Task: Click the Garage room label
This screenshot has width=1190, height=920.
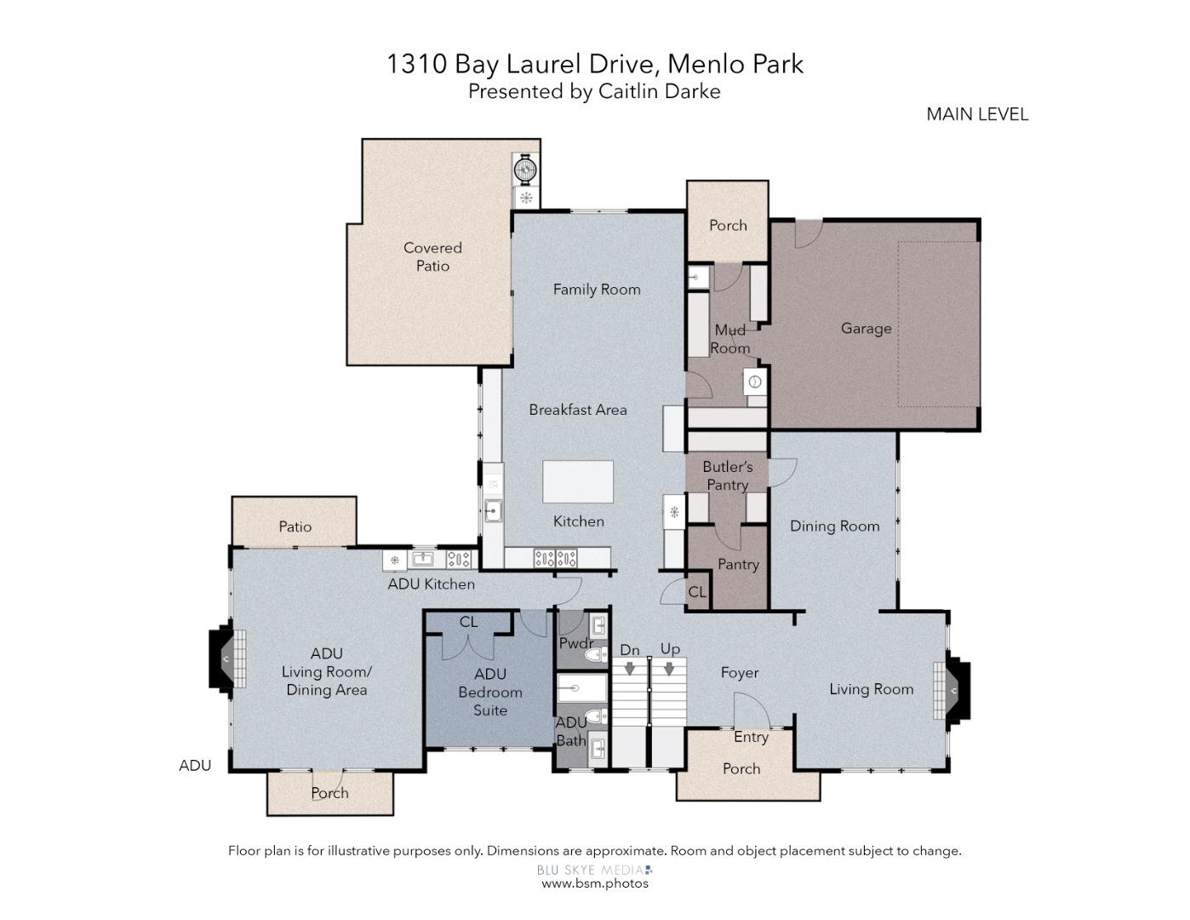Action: tap(866, 328)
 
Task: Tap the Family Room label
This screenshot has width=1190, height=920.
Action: tap(597, 290)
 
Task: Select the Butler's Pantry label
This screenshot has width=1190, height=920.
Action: tap(727, 475)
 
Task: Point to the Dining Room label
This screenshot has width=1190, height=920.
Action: tap(834, 526)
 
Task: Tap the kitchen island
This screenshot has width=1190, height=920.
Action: tap(578, 481)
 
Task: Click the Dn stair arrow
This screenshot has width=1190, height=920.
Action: tap(630, 669)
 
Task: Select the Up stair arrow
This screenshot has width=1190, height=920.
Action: tap(669, 669)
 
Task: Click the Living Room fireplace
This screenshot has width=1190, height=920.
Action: tap(952, 690)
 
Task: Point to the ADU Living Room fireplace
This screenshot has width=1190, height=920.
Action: tap(226, 658)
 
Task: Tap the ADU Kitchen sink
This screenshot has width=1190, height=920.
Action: tap(422, 559)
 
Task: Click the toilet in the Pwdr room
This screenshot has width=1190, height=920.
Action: tap(597, 654)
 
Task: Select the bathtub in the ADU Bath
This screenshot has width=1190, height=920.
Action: tap(582, 688)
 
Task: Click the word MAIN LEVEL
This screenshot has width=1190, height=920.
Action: tap(977, 114)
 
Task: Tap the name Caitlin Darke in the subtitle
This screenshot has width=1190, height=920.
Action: tap(660, 91)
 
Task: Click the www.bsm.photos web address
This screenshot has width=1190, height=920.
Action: tap(595, 883)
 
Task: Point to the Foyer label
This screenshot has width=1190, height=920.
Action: tap(740, 672)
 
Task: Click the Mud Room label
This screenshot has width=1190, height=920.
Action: tap(730, 339)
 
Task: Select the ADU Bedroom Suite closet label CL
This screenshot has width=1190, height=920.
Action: tap(468, 621)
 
